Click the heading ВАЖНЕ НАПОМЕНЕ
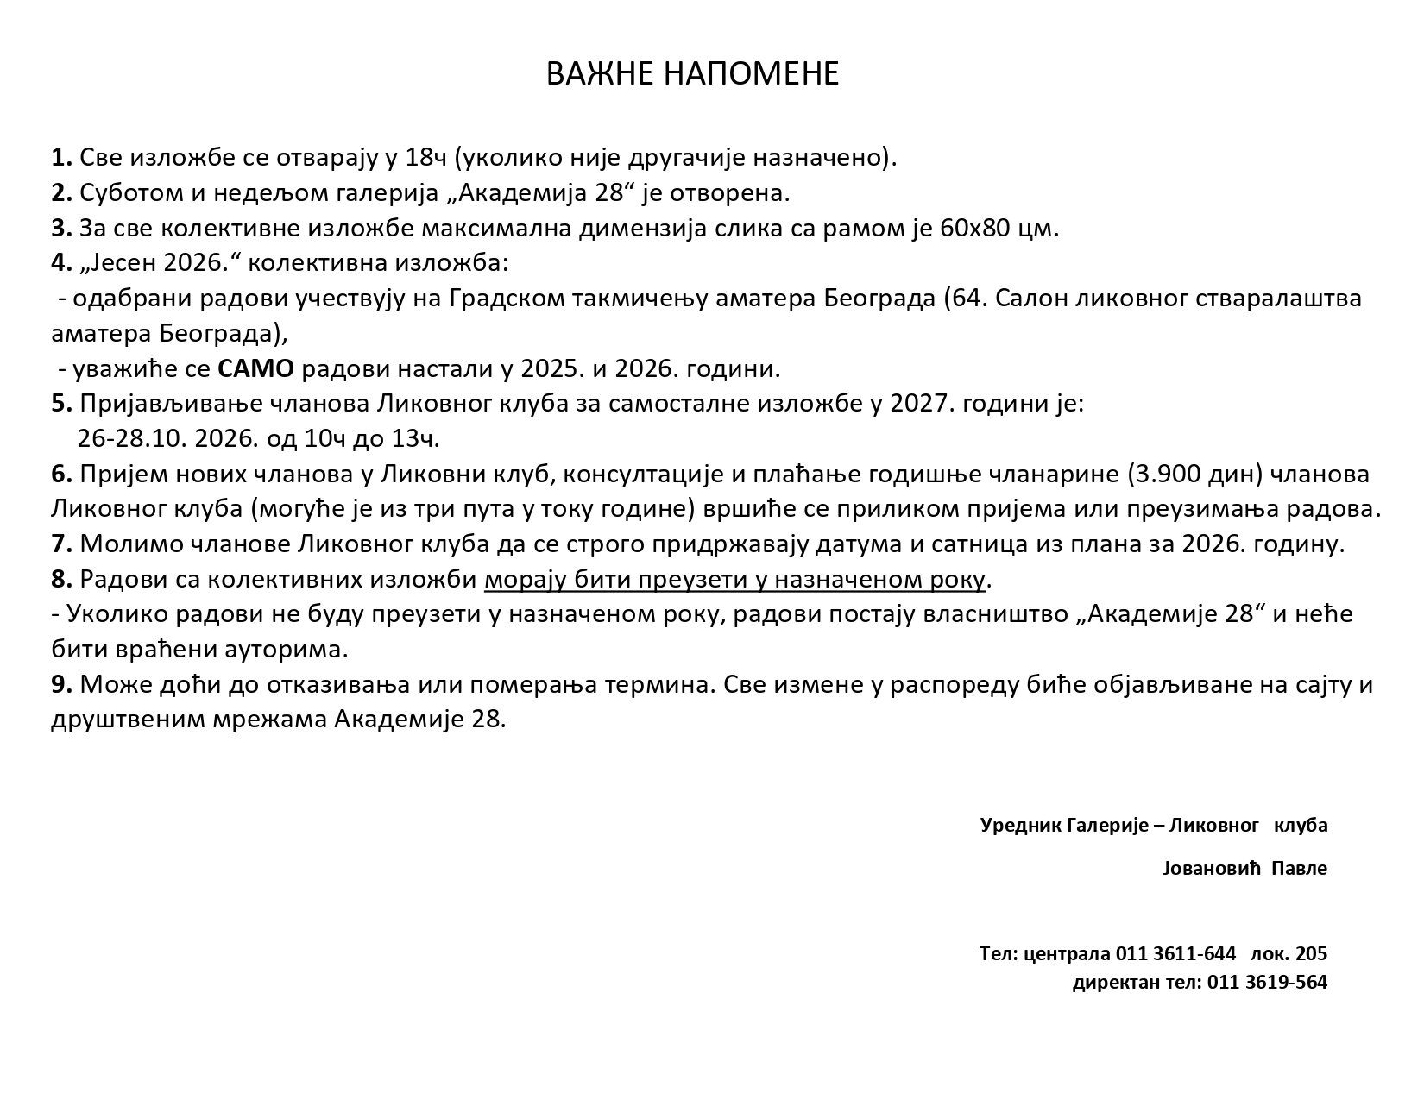(692, 74)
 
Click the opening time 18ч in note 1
(425, 158)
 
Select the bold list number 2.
(60, 193)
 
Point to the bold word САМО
(255, 369)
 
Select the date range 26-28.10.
(132, 439)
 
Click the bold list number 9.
(60, 685)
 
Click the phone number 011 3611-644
(1175, 954)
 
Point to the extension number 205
(1311, 954)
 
